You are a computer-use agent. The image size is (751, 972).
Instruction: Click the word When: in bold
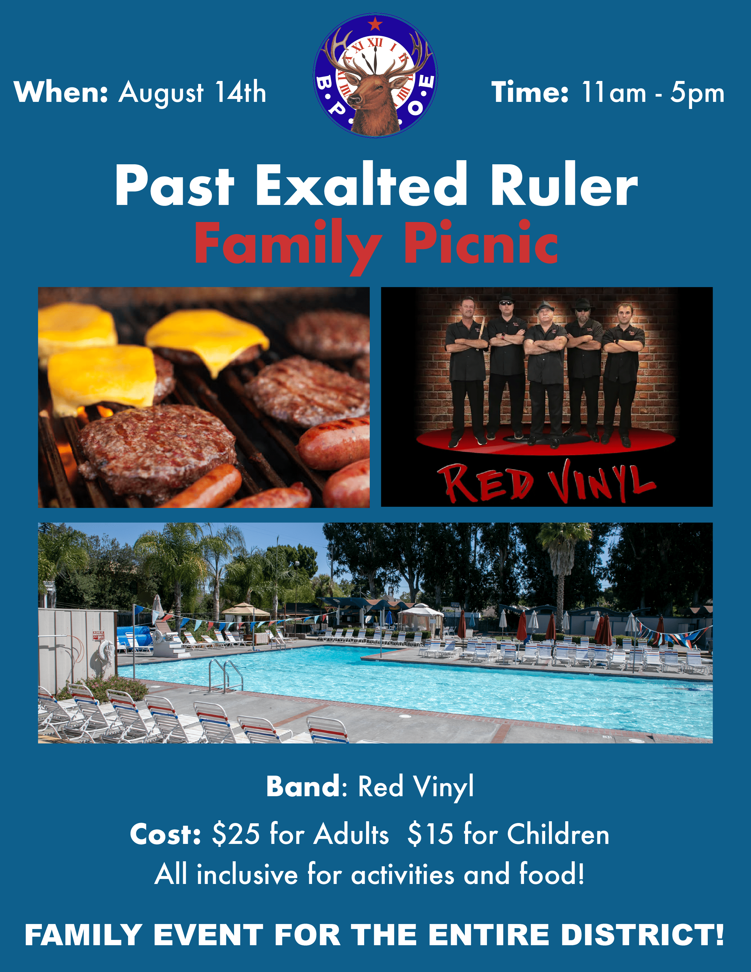(61, 92)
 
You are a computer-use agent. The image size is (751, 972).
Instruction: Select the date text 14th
(240, 92)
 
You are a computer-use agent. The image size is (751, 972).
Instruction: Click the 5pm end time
(697, 93)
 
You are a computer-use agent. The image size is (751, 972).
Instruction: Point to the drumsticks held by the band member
(480, 334)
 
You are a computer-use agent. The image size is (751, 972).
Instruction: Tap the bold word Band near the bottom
(303, 786)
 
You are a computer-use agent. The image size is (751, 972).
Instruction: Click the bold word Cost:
(165, 834)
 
